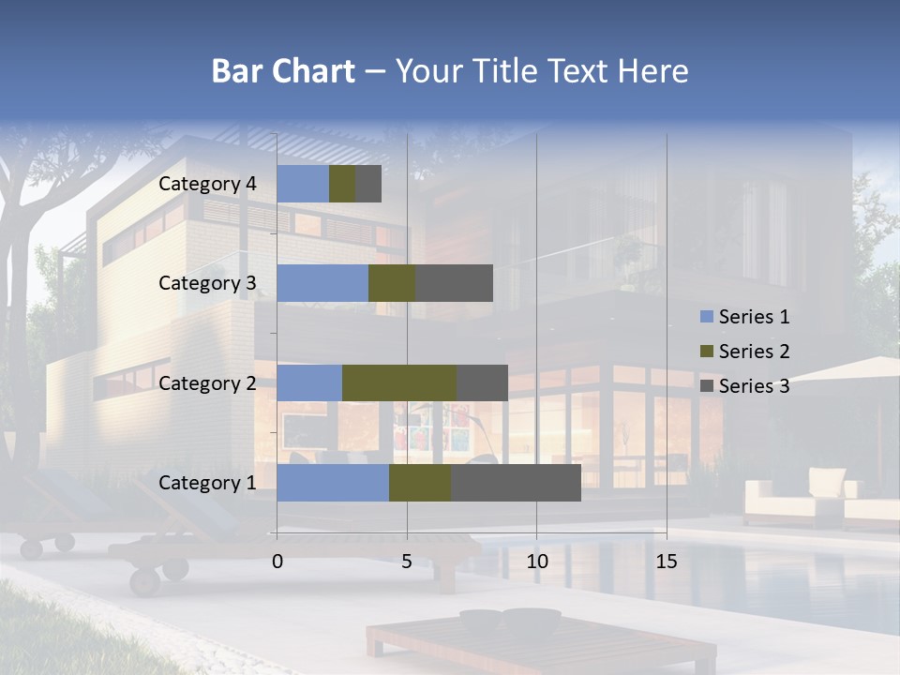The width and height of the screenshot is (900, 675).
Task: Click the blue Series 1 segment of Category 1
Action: click(x=333, y=483)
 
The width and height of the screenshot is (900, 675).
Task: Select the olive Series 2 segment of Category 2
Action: click(x=399, y=382)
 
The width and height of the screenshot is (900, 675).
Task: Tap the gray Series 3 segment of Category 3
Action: click(x=454, y=283)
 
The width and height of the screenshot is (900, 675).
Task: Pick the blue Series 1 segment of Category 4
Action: click(x=303, y=184)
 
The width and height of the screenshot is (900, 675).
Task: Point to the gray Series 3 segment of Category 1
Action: click(x=516, y=483)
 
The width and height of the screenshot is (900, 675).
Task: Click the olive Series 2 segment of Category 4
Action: click(x=342, y=184)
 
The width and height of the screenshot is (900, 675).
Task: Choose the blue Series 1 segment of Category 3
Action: click(x=322, y=283)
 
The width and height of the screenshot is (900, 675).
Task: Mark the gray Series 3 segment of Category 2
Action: click(x=482, y=382)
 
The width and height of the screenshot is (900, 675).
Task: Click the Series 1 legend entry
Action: click(x=744, y=317)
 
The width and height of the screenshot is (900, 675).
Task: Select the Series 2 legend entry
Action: click(x=744, y=352)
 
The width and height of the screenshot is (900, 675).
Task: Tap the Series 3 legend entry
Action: click(x=744, y=385)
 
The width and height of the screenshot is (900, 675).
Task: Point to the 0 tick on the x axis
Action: click(x=277, y=562)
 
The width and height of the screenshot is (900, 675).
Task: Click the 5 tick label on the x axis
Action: click(x=407, y=562)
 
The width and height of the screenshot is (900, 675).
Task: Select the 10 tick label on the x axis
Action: click(x=536, y=562)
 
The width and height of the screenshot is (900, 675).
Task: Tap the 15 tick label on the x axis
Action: click(x=666, y=562)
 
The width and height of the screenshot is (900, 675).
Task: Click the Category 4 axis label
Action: click(x=207, y=184)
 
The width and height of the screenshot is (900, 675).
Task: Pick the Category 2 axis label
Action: click(x=207, y=382)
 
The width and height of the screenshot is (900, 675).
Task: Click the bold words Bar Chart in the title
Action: click(x=282, y=71)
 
